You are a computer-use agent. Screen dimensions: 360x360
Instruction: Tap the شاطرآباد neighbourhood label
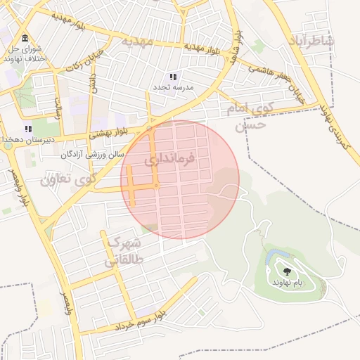click(x=310, y=40)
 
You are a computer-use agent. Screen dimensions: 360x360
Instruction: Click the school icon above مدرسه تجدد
click(x=174, y=76)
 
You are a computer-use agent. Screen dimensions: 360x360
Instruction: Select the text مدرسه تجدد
click(x=174, y=88)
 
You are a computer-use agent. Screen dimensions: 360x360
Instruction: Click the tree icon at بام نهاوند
click(x=287, y=270)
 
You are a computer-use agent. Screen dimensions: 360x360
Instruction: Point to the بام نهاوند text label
click(x=288, y=281)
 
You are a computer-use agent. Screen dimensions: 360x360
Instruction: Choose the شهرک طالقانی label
click(x=124, y=251)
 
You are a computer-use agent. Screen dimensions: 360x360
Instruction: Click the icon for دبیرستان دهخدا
click(x=29, y=129)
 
